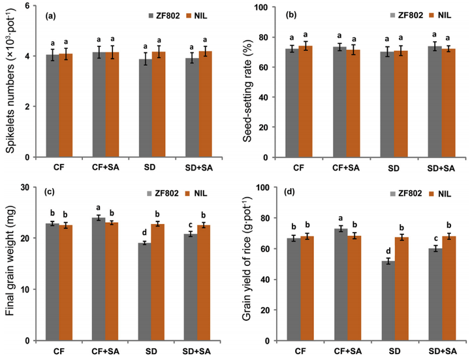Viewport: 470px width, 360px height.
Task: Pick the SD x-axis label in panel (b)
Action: point(388,168)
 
